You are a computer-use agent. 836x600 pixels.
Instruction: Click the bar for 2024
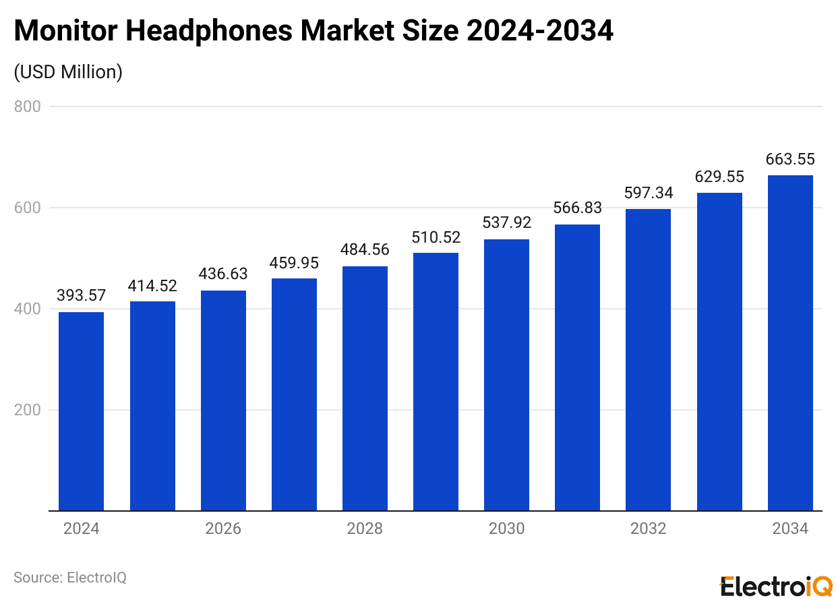click(x=82, y=411)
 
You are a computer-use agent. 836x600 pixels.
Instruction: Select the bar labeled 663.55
click(x=790, y=343)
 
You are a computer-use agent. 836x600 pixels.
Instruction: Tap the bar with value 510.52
click(x=436, y=382)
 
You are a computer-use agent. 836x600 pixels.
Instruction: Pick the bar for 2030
click(x=506, y=375)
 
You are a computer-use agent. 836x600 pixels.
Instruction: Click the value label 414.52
click(x=152, y=286)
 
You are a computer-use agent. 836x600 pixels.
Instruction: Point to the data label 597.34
click(x=648, y=193)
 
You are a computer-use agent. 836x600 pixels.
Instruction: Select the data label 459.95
click(x=294, y=263)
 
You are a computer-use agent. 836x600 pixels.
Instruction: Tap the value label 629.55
click(x=719, y=177)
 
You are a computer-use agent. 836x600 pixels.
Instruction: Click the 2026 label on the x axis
click(x=223, y=529)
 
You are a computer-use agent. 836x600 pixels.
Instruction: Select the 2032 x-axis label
click(x=648, y=529)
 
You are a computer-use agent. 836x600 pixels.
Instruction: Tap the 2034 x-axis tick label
click(x=790, y=529)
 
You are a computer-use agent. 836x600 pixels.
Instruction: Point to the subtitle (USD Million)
click(x=68, y=72)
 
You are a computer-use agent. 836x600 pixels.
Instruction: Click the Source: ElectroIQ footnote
click(x=70, y=578)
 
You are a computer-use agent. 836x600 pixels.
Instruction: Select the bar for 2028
click(x=365, y=388)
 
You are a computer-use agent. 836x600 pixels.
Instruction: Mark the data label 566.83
click(x=577, y=208)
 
